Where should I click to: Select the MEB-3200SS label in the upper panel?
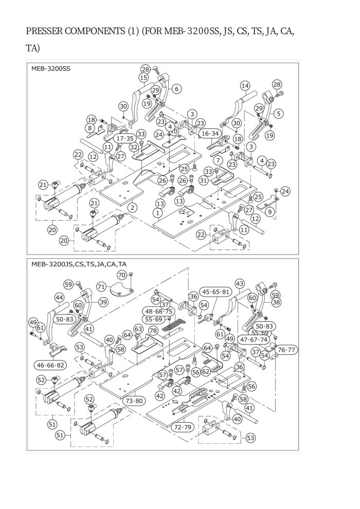point(50,69)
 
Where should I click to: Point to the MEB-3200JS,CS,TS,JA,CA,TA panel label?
point(79,264)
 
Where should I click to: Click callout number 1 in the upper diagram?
point(158,213)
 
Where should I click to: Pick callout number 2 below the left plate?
point(132,207)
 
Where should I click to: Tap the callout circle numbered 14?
point(245,86)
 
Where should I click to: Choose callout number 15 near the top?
point(143,78)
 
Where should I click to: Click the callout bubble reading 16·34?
point(210,133)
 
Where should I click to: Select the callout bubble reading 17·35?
point(125,138)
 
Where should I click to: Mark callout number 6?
point(176,88)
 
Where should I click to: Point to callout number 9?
point(270,213)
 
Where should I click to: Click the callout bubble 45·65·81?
point(215,292)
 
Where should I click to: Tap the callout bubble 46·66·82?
point(50,365)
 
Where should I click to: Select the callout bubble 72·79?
point(183,427)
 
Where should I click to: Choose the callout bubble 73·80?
point(134,401)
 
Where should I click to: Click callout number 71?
point(101,286)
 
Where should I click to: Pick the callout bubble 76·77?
point(286,350)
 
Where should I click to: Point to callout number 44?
point(59,297)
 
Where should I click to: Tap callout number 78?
point(153,331)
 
